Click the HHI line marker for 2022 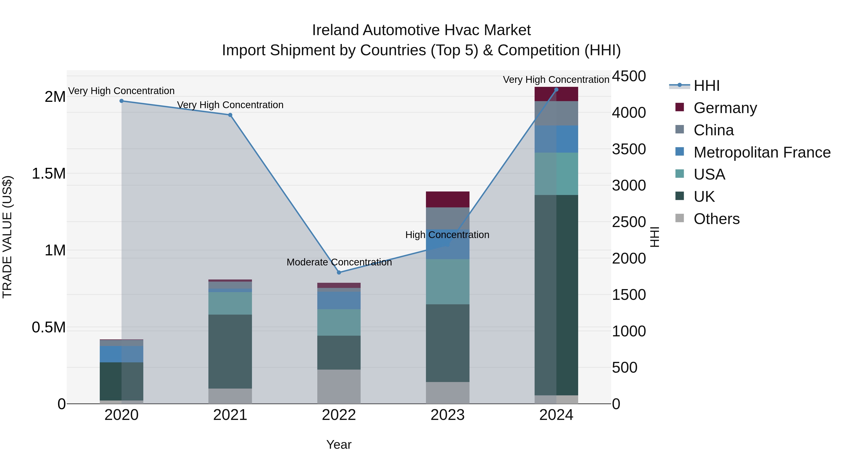[x=339, y=272]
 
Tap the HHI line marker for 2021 [x=230, y=115]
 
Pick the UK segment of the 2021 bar [x=230, y=351]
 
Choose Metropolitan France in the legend [x=762, y=152]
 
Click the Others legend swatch [x=680, y=218]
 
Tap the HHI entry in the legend [x=706, y=86]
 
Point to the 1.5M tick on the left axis [x=48, y=174]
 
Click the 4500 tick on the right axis [x=629, y=76]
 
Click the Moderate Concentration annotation [x=339, y=262]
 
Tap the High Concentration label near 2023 [x=447, y=235]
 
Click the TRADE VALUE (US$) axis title [x=7, y=237]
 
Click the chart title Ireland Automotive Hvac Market [x=421, y=30]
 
